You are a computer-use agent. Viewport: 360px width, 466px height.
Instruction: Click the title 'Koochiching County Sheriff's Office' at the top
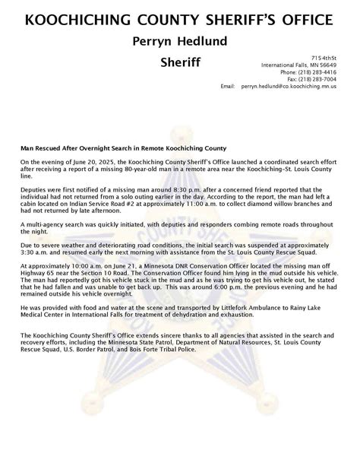[x=179, y=17]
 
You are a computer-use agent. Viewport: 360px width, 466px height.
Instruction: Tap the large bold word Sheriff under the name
[x=179, y=62]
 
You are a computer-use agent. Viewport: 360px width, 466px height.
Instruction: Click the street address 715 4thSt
[x=324, y=59]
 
